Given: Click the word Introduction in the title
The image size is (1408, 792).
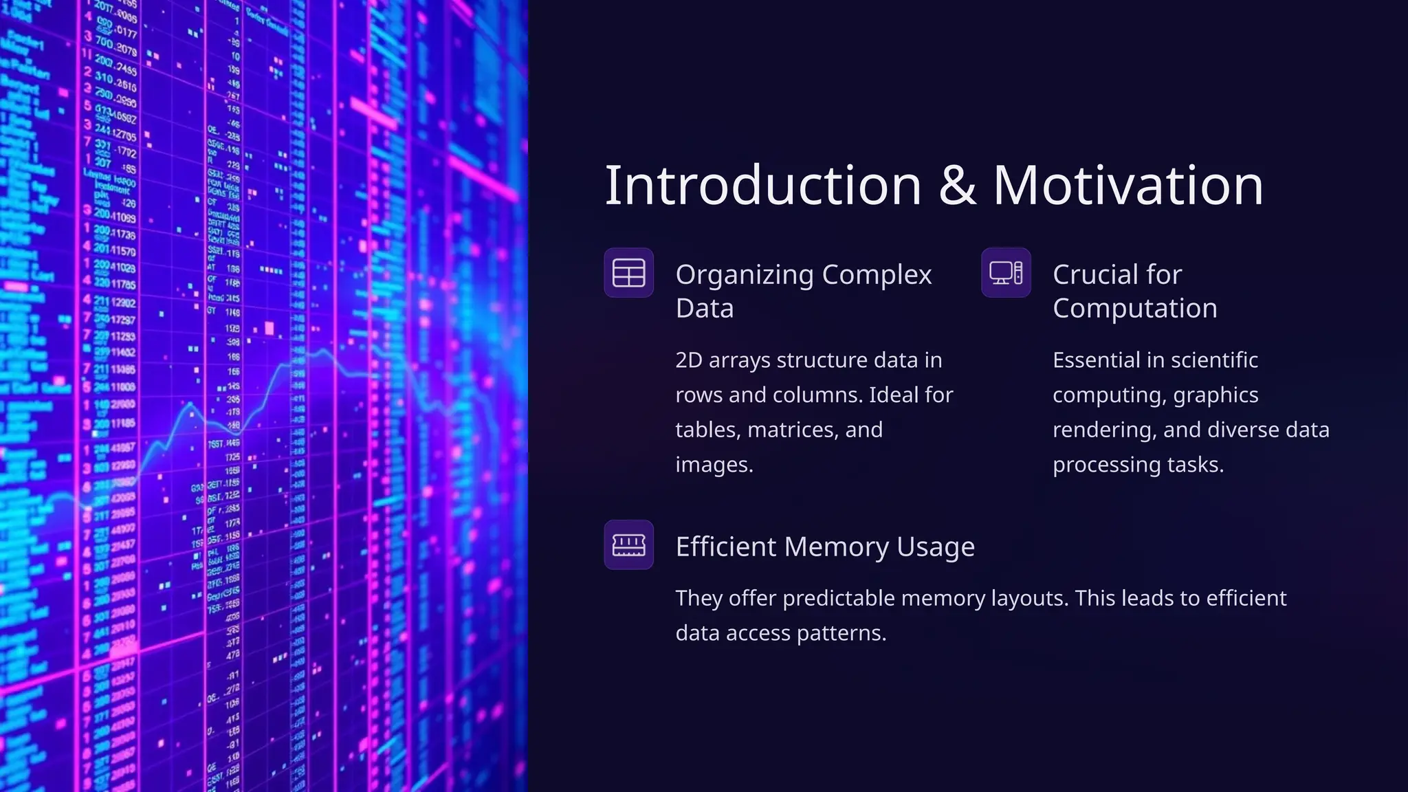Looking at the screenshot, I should (x=762, y=186).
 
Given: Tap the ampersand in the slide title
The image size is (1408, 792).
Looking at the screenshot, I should (x=957, y=186).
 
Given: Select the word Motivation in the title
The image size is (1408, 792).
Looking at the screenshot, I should (x=1128, y=186).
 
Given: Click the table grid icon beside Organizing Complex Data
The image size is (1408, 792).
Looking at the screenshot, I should (x=628, y=273).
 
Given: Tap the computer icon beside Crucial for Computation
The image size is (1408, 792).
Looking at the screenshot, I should (x=1006, y=273).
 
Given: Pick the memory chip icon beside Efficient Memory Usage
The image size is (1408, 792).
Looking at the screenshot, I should (x=628, y=545).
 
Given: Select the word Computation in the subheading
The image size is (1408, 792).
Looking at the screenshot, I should (x=1134, y=309).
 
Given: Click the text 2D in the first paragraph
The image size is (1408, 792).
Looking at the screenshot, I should (x=688, y=360).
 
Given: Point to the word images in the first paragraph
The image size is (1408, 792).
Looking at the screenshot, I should (x=713, y=465).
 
